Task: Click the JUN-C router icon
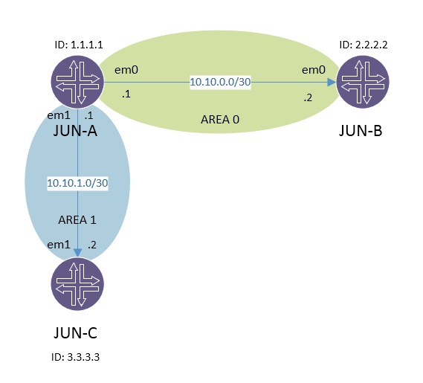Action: click(x=77, y=285)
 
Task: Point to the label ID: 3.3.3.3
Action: click(x=76, y=357)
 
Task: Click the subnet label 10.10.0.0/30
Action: click(x=221, y=83)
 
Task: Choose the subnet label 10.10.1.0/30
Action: click(x=78, y=182)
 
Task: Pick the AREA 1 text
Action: click(x=78, y=220)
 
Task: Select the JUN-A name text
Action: click(x=77, y=131)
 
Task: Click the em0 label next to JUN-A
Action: click(x=124, y=71)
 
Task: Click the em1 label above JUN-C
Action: click(x=59, y=245)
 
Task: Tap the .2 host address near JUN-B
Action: click(x=307, y=97)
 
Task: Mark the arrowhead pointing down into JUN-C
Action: click(x=78, y=252)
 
